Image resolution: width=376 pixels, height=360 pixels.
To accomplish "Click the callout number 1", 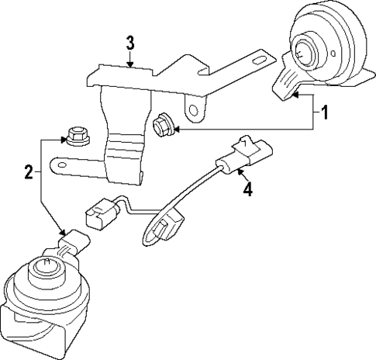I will tap(325, 114).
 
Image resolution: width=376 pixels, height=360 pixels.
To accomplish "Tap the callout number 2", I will tap(28, 172).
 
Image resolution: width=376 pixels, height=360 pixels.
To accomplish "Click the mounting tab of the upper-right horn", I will tap(285, 81).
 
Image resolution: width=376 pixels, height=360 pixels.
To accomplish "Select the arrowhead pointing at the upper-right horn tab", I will tap(296, 96).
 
